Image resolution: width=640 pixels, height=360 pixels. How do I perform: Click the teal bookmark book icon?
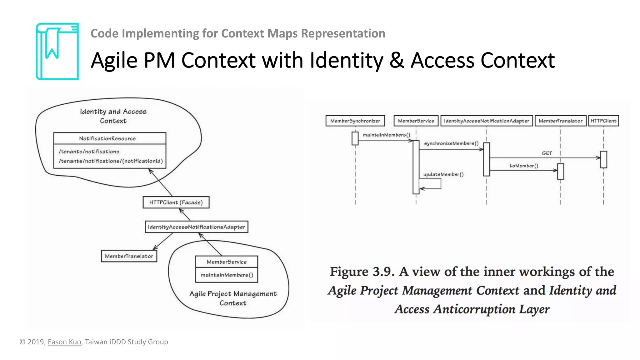click(x=57, y=52)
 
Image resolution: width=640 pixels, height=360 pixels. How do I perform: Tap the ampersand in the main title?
click(x=396, y=60)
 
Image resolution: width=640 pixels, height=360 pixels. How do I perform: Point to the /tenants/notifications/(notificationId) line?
click(x=111, y=161)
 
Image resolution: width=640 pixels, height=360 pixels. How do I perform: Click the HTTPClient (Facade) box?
click(x=176, y=202)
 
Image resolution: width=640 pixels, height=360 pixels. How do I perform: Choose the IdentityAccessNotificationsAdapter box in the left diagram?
click(x=197, y=227)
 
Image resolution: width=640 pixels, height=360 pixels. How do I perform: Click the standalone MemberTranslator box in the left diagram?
click(x=129, y=256)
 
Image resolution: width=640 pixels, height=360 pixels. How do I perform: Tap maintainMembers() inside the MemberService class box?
click(x=227, y=275)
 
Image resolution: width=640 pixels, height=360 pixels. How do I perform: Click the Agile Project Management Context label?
click(x=233, y=298)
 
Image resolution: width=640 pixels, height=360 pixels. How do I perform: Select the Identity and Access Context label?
click(x=113, y=116)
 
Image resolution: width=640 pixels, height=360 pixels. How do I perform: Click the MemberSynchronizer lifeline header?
click(x=355, y=121)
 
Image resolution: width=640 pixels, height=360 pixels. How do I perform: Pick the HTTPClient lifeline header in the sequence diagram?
click(x=603, y=121)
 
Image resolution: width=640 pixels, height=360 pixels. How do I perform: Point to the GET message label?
click(x=547, y=153)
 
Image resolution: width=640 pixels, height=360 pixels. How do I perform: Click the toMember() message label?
click(x=524, y=166)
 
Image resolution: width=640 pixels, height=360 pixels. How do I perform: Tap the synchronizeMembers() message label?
click(x=451, y=143)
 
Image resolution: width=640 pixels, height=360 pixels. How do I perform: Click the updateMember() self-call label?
click(x=443, y=174)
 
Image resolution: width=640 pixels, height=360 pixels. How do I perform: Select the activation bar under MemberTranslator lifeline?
click(x=561, y=171)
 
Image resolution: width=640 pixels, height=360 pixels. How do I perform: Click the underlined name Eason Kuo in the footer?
click(x=64, y=342)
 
